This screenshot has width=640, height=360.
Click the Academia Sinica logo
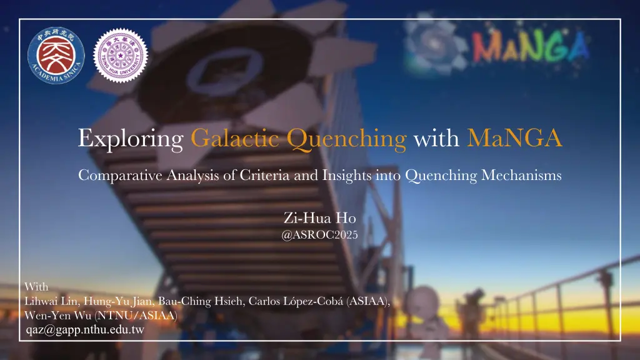(57, 58)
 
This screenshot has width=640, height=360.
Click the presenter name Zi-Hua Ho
(319, 218)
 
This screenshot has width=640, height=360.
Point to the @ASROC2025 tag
(320, 235)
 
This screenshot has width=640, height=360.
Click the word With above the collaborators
(37, 287)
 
